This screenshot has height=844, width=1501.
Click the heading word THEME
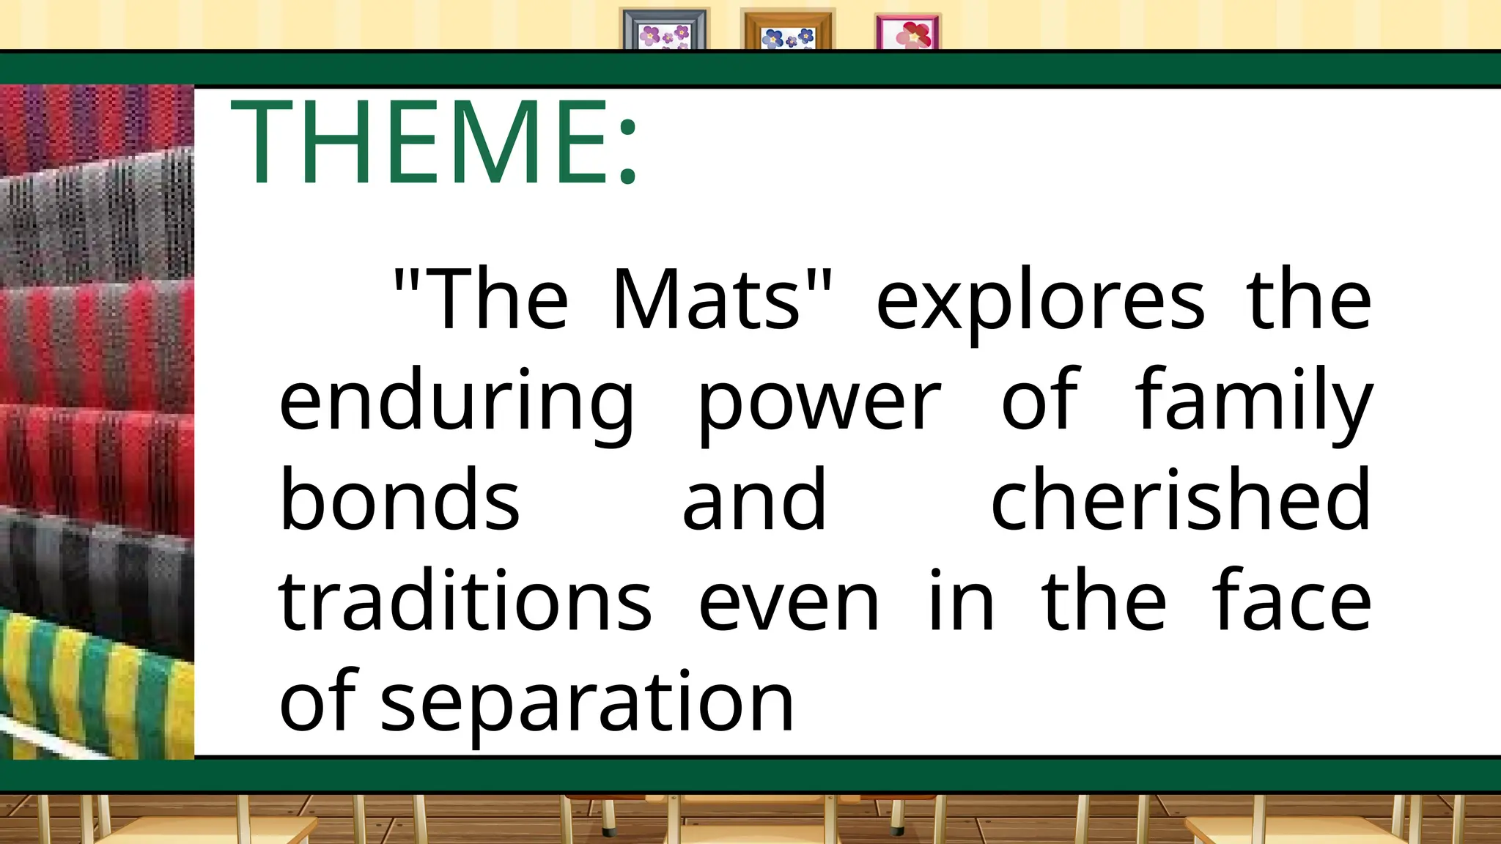tap(418, 142)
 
